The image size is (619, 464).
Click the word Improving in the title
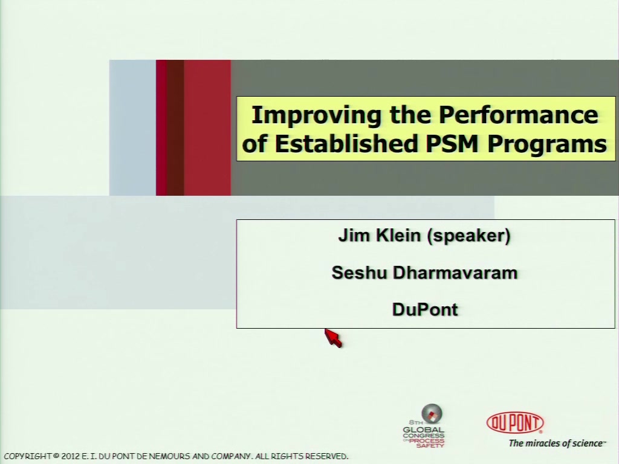317,115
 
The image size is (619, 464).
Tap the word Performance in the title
518,114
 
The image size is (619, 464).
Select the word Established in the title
346,143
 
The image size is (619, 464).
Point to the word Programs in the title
547,144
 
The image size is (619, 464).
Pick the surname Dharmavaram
455,272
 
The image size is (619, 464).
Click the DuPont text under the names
425,309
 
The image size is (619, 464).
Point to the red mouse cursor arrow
333,338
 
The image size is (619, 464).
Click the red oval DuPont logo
515,422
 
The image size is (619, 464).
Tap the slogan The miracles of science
557,443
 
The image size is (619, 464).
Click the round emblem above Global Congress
432,413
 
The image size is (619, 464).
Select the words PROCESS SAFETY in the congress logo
427,443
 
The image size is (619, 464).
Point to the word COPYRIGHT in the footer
27,456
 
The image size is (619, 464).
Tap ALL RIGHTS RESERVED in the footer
302,456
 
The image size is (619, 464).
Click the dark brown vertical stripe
175,127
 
